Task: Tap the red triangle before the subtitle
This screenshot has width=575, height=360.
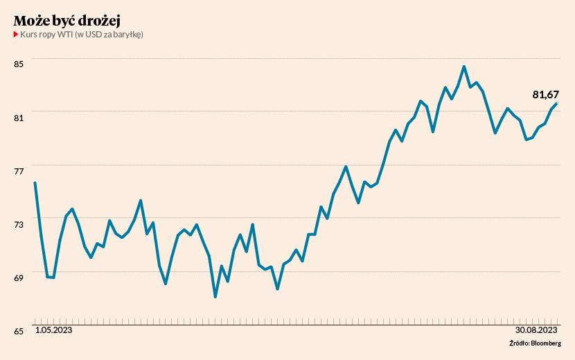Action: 16,35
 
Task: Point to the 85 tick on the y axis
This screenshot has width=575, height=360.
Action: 19,64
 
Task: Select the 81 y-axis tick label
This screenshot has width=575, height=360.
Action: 19,117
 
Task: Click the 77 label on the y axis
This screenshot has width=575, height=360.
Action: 19,170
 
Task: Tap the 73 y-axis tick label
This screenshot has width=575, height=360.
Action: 19,224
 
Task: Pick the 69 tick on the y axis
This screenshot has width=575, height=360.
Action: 19,277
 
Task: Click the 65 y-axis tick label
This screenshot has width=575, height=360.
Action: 19,330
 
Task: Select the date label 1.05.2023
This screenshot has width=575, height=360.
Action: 53,331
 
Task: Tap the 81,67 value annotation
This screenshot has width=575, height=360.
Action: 545,94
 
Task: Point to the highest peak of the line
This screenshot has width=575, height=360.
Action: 464,66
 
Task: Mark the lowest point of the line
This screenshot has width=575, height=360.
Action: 215,297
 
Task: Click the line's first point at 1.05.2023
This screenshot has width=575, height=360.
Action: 35,183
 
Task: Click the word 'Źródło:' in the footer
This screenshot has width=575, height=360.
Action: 519,343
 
